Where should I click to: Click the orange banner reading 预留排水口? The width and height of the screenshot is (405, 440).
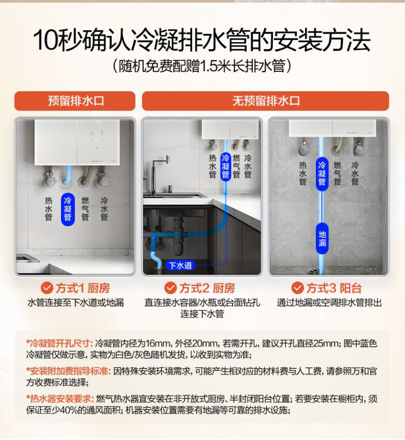click(x=75, y=101)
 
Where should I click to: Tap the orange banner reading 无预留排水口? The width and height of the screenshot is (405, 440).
click(x=266, y=101)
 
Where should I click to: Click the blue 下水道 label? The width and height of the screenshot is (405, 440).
click(x=180, y=265)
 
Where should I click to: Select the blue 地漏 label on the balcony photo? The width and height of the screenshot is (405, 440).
click(x=322, y=238)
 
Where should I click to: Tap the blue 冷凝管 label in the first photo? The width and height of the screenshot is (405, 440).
click(x=67, y=209)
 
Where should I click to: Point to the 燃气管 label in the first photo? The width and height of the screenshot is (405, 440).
click(x=85, y=209)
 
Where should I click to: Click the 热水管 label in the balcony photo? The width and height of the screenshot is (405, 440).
click(x=302, y=173)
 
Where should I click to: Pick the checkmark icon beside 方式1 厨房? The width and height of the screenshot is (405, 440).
click(x=47, y=288)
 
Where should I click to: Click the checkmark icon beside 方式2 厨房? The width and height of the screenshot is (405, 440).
click(x=170, y=288)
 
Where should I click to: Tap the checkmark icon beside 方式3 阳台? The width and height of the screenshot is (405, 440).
click(x=298, y=288)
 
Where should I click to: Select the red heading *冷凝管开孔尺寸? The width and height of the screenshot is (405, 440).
click(x=59, y=343)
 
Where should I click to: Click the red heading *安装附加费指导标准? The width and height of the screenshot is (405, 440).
click(x=69, y=371)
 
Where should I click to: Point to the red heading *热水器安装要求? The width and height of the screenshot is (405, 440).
click(x=60, y=398)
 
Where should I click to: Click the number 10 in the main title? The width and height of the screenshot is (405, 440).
click(x=46, y=40)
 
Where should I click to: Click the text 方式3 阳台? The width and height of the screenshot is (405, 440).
click(x=333, y=288)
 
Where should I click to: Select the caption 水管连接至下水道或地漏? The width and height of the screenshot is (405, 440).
click(x=76, y=302)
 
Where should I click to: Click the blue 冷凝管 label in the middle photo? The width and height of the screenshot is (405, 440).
click(x=225, y=166)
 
